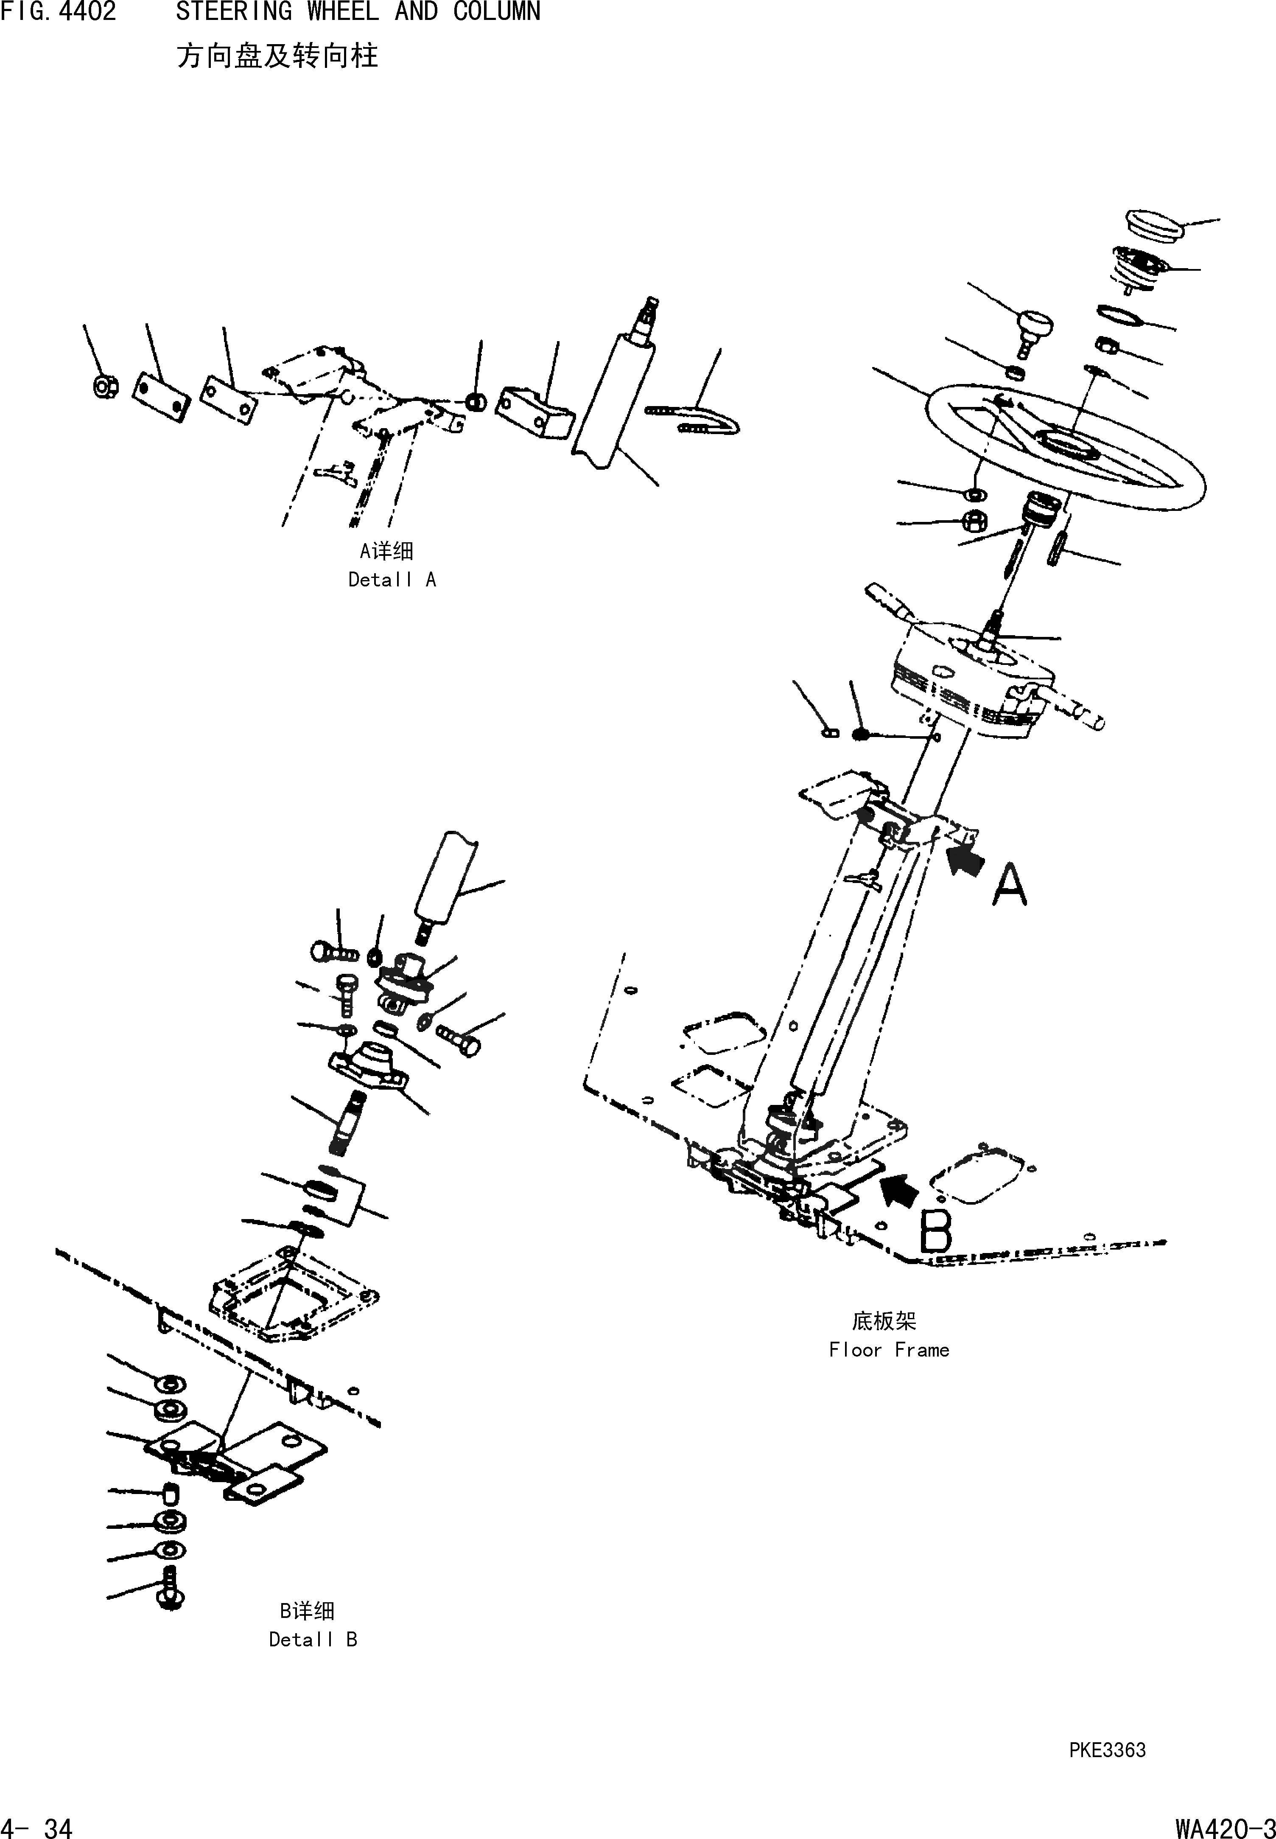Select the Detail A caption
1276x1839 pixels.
click(392, 580)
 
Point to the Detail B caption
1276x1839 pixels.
click(313, 1639)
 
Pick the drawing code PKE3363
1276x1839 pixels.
click(1107, 1750)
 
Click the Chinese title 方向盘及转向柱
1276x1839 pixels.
click(277, 56)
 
